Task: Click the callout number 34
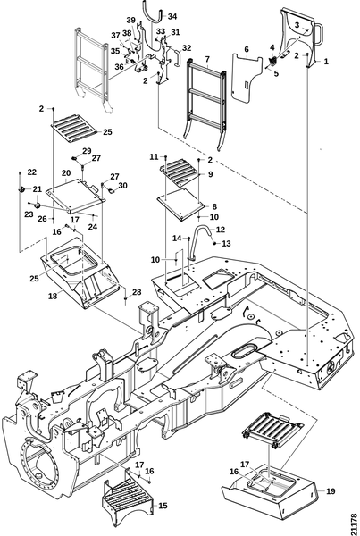(172, 16)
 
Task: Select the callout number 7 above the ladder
(207, 59)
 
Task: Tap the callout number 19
(331, 491)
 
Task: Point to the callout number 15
(163, 506)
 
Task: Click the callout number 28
(137, 292)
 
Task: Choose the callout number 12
(221, 230)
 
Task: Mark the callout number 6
(247, 49)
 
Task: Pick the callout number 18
(53, 296)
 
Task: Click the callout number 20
(66, 173)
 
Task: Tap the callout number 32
(187, 48)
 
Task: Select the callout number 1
(326, 62)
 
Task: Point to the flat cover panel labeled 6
(246, 78)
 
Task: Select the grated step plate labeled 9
(180, 171)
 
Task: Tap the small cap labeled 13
(214, 243)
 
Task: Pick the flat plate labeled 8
(180, 204)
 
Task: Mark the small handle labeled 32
(178, 58)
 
